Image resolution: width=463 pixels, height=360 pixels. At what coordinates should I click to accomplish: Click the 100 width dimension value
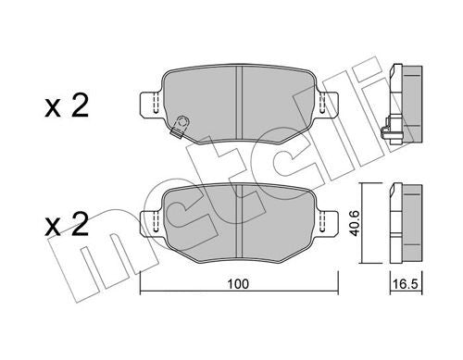(237, 284)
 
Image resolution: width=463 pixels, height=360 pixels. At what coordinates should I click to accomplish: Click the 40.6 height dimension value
(356, 223)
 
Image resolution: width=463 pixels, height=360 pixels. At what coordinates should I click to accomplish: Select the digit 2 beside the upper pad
(80, 106)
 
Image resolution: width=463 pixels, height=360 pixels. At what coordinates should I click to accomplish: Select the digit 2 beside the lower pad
(80, 224)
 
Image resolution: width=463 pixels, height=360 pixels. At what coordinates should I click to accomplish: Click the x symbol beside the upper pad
(53, 109)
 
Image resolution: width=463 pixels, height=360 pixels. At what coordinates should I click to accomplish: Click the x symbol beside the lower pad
(53, 228)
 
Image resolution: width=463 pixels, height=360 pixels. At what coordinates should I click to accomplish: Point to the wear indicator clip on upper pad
(180, 126)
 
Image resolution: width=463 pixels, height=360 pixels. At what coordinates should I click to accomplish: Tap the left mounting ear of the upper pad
(151, 104)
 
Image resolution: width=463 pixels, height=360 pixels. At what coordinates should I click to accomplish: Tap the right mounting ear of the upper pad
(328, 104)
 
